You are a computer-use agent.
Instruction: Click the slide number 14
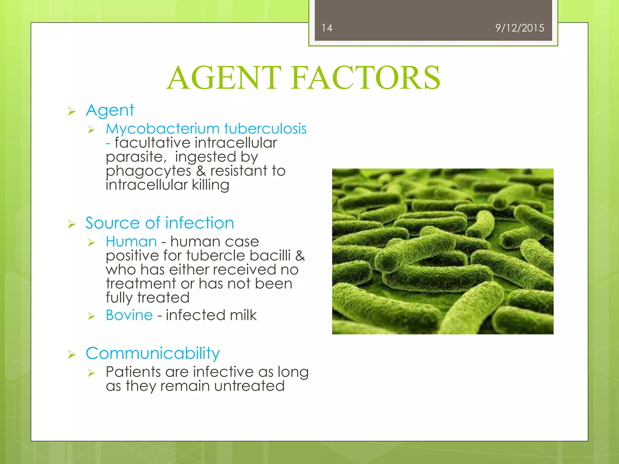327,28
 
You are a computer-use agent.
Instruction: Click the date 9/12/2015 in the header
519,28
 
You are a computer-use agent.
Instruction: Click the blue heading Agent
110,111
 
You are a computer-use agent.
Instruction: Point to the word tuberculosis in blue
265,129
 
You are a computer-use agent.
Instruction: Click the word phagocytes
148,171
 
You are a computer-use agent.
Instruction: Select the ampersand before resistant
201,171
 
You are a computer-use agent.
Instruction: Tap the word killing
210,185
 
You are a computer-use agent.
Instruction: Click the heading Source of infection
160,223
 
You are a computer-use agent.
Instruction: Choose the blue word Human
131,242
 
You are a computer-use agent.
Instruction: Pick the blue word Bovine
129,315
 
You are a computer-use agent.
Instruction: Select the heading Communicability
153,353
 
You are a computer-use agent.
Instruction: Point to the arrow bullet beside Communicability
72,354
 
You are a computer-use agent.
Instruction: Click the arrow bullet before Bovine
91,316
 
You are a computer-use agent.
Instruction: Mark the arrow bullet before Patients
91,373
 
